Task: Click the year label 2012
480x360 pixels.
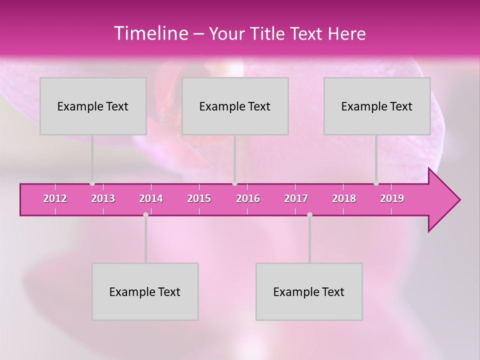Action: tap(55, 198)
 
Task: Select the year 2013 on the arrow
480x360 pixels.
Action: tap(103, 198)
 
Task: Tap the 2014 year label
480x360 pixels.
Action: tap(151, 198)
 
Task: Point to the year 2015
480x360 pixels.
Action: tap(199, 198)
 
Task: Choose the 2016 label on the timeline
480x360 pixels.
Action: tap(248, 198)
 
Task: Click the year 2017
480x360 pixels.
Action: tap(296, 198)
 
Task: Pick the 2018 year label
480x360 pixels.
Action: tap(344, 198)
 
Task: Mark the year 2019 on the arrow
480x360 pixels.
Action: tap(392, 198)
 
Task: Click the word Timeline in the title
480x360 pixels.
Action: tap(150, 33)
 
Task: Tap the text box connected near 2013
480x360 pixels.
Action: tap(93, 106)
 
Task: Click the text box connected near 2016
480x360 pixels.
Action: tap(235, 106)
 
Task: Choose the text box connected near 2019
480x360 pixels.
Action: tap(377, 106)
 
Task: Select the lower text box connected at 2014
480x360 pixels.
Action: tap(145, 291)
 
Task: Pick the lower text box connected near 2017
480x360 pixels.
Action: tap(309, 291)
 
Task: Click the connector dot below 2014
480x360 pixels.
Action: tap(145, 214)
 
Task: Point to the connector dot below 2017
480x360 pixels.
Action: tap(309, 214)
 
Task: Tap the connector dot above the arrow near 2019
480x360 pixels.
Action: tap(376, 183)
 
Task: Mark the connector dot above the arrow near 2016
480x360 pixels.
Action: tap(234, 183)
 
